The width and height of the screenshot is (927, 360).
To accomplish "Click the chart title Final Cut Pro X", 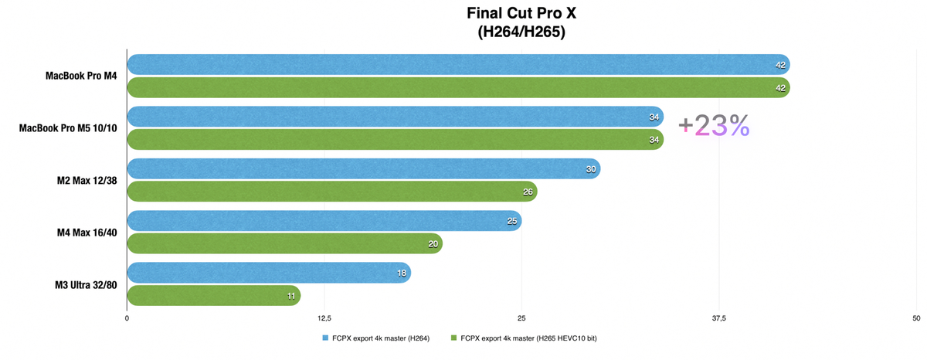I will coord(521,13).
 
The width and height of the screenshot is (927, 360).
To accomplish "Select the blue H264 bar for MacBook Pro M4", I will coord(456,65).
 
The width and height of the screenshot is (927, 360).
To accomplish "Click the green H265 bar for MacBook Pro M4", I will coord(456,88).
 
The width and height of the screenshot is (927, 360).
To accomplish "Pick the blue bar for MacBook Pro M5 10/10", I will coord(394,117).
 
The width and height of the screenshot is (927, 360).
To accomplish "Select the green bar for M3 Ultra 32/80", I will coord(212,295).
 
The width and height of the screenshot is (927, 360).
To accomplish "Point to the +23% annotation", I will coord(714,126).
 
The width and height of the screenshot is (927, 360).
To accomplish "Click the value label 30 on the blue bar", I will coord(592,169).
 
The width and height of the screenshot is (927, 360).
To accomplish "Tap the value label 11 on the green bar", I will coord(291,295).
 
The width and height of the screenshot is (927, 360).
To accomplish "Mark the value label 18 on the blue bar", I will coord(402,273).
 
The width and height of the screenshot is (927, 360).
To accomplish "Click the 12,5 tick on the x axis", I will coord(324,318).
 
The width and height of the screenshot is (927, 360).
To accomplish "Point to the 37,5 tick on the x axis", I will coord(719,318).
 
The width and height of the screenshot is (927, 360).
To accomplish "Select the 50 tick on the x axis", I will coord(916,318).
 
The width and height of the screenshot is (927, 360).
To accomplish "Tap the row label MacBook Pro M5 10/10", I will coord(68,127).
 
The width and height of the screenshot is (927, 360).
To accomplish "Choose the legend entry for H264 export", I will coord(376,338).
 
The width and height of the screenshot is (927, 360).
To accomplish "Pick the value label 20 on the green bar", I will coord(433,244).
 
